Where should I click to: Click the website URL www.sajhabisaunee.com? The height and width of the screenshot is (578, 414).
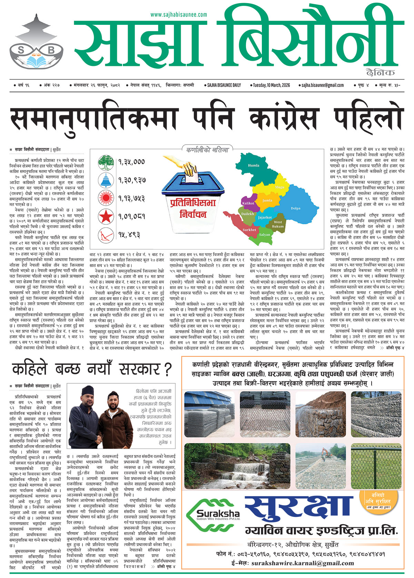179,15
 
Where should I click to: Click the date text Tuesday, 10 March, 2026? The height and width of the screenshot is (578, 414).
271,85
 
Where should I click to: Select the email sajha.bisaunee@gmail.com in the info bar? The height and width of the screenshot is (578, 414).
322,85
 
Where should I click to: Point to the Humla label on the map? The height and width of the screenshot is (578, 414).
254,165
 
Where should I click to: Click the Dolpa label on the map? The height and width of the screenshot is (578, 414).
295,208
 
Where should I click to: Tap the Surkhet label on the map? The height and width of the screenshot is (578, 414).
249,229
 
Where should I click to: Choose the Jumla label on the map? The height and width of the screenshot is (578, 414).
267,200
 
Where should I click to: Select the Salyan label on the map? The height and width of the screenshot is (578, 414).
265,235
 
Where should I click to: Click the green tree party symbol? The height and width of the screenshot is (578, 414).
106,163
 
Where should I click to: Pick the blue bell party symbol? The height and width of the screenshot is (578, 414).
106,180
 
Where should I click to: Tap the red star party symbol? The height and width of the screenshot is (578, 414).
106,217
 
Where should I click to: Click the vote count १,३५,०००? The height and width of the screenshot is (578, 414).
131,162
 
